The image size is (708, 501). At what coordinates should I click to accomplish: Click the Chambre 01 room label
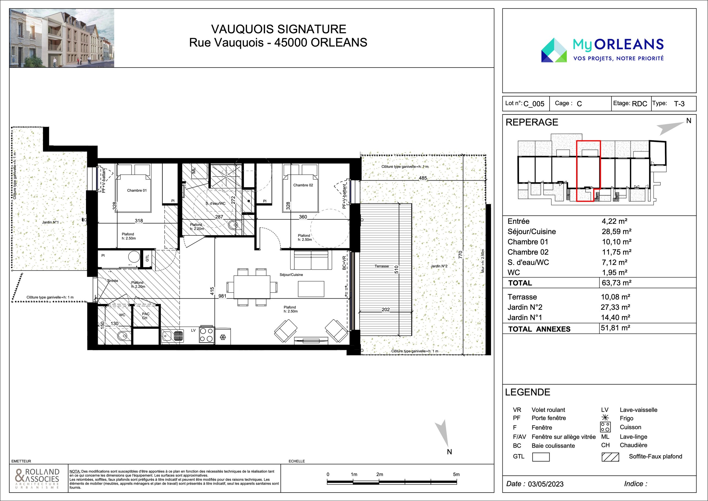(137, 190)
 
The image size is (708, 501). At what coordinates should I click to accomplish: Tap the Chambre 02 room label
(303, 185)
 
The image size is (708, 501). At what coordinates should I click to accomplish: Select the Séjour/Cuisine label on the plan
(291, 275)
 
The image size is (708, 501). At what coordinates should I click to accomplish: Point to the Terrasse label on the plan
(382, 266)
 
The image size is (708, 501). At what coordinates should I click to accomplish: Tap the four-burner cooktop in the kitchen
(207, 335)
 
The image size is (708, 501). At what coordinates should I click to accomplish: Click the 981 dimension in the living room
(222, 296)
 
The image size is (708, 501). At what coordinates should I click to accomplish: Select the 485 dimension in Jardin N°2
(423, 178)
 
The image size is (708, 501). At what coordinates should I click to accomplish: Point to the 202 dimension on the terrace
(386, 309)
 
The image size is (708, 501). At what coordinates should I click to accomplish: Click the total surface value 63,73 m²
(617, 283)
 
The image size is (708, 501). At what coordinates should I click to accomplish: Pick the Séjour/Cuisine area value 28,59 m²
(617, 231)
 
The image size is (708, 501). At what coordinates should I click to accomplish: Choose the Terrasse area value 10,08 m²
(615, 297)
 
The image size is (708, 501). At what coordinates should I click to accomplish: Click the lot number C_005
(534, 104)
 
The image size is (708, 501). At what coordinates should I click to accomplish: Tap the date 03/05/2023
(546, 484)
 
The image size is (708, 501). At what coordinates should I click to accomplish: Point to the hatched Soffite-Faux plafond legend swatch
(610, 457)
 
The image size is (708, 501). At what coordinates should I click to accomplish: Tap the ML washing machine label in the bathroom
(194, 171)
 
